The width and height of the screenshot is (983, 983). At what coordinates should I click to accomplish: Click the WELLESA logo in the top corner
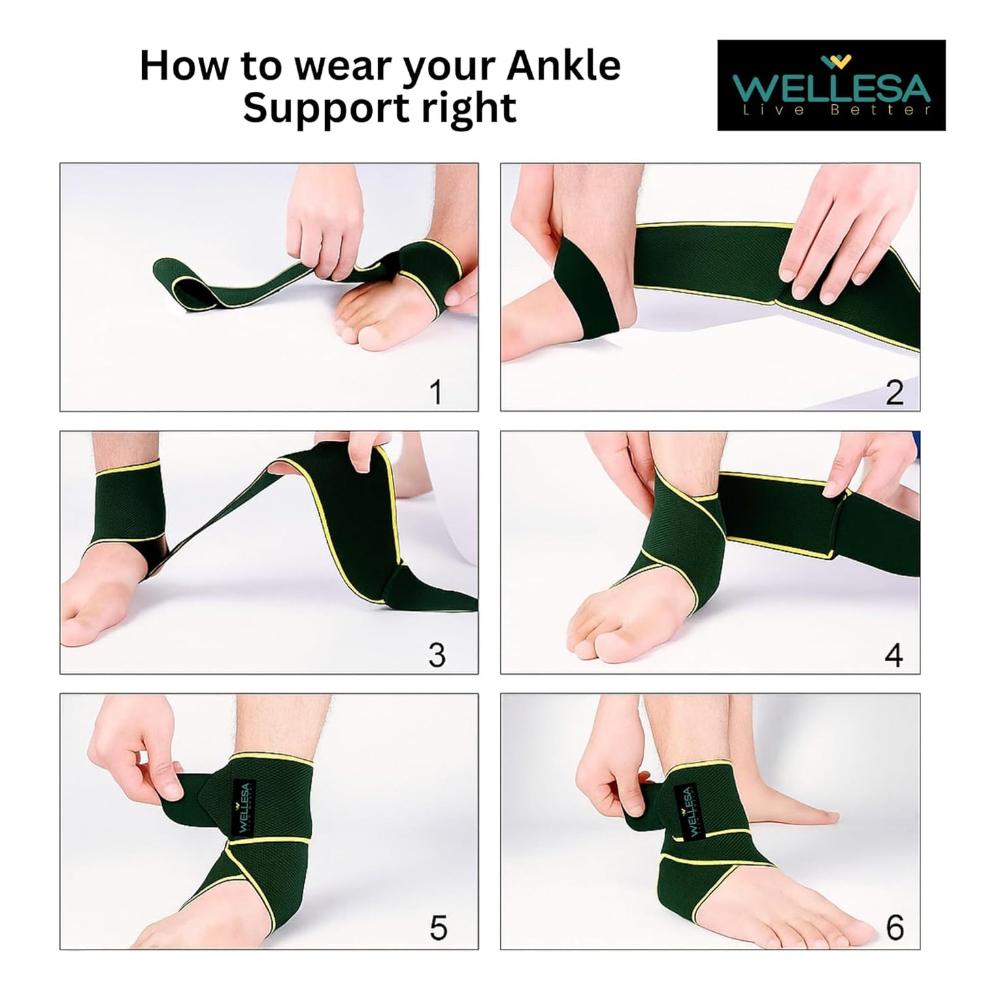[x=831, y=84]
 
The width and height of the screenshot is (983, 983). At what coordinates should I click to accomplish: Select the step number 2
[x=894, y=393]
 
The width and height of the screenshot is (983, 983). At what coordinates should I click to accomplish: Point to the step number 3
[x=437, y=654]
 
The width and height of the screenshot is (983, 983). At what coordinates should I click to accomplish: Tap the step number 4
[x=893, y=654]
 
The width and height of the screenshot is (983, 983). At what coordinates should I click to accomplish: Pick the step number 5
[x=438, y=928]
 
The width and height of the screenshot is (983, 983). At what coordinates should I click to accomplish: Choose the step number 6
[x=895, y=927]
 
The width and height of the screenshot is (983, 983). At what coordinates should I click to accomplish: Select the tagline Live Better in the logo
[x=836, y=110]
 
